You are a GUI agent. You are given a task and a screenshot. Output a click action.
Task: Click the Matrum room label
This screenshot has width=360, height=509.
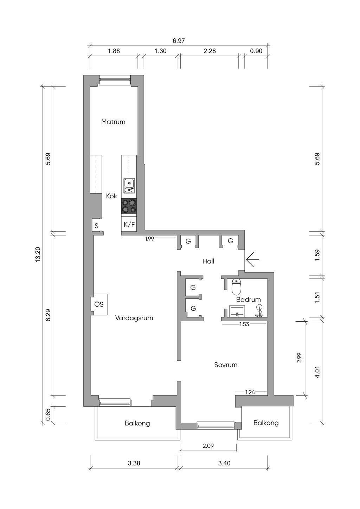113,122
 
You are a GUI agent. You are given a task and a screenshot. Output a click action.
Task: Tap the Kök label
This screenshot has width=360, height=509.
111,196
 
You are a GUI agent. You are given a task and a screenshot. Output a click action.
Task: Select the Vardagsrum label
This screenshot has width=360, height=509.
134,318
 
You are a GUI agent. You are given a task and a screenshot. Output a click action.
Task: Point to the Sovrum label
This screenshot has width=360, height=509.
226,365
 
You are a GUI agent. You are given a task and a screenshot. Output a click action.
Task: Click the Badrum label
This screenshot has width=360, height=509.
249,299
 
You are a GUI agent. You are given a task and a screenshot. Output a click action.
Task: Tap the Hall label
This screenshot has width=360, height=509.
208,261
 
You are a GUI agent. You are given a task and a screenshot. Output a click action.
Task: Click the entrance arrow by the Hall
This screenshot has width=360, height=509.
252,259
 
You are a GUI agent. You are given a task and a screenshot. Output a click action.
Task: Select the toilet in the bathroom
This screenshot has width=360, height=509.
236,287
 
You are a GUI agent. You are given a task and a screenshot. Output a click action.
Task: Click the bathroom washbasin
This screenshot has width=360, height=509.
237,311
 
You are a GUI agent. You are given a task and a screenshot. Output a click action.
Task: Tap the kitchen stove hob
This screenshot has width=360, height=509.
129,206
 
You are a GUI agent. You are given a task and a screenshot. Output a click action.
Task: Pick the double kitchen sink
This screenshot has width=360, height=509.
129,186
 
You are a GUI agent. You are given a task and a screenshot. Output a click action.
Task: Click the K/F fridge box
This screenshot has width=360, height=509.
129,224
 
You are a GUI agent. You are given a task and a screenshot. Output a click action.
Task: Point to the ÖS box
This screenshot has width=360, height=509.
99,304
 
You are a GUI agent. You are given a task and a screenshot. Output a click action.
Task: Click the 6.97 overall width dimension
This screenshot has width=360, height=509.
179,41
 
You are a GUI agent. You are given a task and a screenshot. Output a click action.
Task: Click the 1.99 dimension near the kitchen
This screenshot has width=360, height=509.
149,239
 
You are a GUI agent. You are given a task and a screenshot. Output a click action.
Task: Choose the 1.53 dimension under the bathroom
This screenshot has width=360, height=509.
244,324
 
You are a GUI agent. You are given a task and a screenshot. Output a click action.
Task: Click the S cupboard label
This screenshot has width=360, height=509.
97,226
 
